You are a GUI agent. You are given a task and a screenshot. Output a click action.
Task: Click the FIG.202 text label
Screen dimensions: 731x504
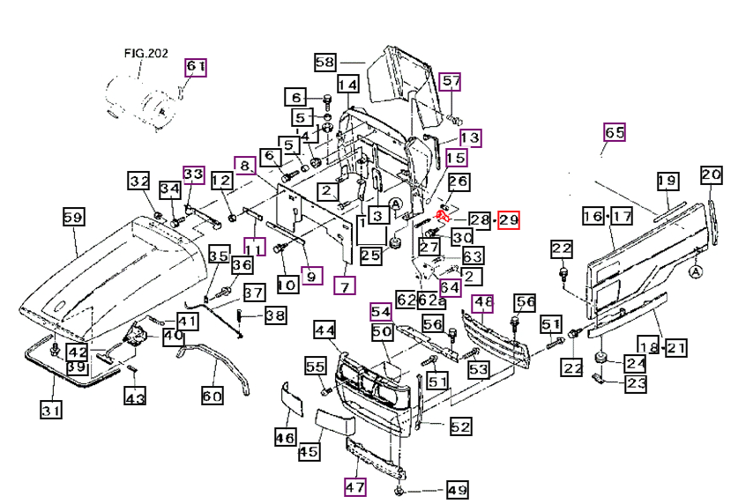click(x=145, y=53)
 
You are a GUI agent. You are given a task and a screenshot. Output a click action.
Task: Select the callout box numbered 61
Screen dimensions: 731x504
click(x=196, y=67)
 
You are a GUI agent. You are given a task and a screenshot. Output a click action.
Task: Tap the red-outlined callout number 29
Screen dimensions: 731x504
click(x=508, y=220)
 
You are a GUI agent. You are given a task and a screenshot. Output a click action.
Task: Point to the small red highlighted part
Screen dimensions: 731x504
click(x=442, y=216)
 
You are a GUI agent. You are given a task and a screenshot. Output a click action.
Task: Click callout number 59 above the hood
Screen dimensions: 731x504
click(x=74, y=217)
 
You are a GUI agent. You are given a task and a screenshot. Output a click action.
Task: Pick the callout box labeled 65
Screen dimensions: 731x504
click(x=614, y=133)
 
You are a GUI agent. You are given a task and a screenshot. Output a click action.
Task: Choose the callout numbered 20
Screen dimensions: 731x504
click(x=712, y=175)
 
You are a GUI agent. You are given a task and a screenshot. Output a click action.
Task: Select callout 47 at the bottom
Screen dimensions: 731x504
click(x=355, y=487)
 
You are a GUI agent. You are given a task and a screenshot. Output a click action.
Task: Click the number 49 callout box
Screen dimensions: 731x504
click(x=457, y=490)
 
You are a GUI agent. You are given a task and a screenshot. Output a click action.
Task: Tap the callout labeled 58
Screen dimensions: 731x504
click(x=325, y=63)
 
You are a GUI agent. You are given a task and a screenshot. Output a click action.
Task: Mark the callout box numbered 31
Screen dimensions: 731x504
click(x=51, y=410)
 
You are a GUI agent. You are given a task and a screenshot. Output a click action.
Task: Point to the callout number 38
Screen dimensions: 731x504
click(x=275, y=315)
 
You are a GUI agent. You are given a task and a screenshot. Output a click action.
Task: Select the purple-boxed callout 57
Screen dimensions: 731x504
click(x=451, y=82)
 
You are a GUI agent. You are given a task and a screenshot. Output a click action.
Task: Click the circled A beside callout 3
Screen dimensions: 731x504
click(x=396, y=204)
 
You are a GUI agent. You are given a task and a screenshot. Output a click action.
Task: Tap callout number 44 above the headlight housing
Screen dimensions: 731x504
click(x=324, y=330)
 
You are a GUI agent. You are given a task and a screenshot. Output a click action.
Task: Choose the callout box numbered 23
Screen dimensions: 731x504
click(x=636, y=383)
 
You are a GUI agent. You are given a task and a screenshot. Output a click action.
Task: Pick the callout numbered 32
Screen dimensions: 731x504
click(x=139, y=181)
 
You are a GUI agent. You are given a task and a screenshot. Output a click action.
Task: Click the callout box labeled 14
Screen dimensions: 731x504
click(x=347, y=85)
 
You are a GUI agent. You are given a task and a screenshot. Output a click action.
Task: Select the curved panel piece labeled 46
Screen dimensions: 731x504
click(x=292, y=399)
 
